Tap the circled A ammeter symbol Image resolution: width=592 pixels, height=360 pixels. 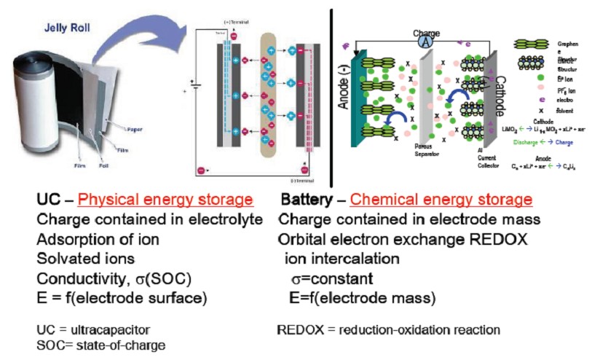(x=425, y=43)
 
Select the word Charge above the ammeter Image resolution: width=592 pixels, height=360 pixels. (x=426, y=33)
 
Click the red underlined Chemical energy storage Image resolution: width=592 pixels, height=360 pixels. (x=441, y=200)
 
